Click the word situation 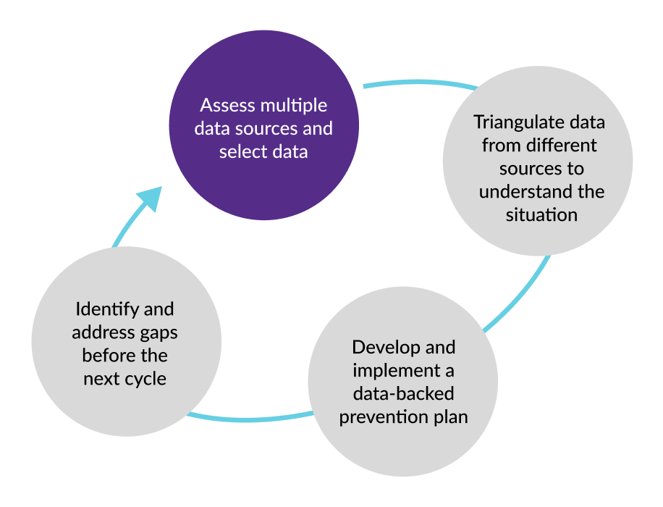(x=541, y=215)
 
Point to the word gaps (x=158, y=332)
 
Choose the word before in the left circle (x=106, y=356)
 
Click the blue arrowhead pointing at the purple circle (x=148, y=198)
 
